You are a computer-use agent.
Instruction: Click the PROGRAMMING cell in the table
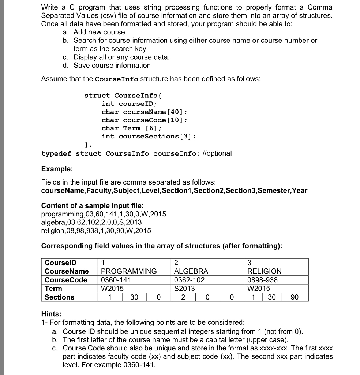pos(129,271)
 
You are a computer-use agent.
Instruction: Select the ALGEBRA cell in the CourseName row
pos(191,271)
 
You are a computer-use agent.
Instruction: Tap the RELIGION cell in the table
pos(265,271)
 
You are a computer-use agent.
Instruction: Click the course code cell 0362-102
pos(190,280)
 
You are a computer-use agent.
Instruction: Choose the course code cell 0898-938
pos(262,280)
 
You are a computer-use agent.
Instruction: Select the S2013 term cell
pos(185,289)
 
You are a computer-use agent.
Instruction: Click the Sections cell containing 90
pos(295,297)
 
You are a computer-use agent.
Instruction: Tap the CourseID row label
pos(58,263)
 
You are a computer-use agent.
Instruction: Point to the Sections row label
pos(59,297)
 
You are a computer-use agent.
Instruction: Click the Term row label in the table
pos(53,289)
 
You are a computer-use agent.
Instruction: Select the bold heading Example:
pos(57,169)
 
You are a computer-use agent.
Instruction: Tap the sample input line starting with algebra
pos(91,222)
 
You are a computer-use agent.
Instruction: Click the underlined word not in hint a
pos(271,331)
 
